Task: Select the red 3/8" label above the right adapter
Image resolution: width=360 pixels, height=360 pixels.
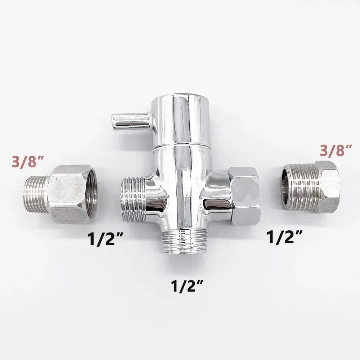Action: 336,150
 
